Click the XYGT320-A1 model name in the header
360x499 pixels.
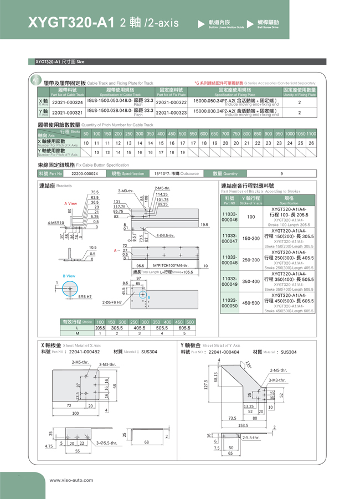[x=70, y=23]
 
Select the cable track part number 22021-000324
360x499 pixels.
[x=67, y=102]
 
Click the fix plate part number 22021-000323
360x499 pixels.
[x=171, y=112]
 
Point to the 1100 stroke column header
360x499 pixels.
[x=311, y=133]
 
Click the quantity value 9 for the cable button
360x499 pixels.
[x=281, y=173]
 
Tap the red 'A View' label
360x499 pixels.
[x=71, y=203]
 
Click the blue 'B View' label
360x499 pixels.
[x=69, y=276]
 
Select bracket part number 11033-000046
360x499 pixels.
[x=229, y=217]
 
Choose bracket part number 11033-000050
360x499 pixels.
[x=229, y=303]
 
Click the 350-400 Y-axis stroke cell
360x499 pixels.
[x=250, y=281]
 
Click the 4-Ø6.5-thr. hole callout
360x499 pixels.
[x=166, y=235]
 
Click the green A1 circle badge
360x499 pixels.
[x=35, y=81]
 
